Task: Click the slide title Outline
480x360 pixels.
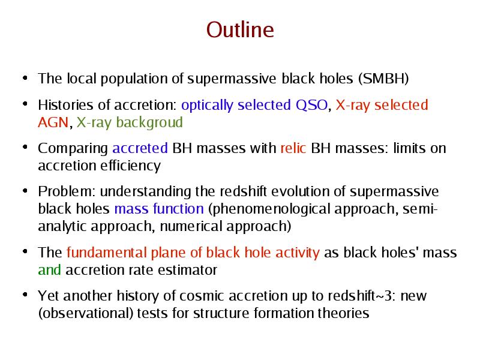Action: tap(240, 29)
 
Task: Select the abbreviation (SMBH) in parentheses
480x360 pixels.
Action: tap(383, 79)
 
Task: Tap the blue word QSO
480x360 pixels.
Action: tap(311, 105)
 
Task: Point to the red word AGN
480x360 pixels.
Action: tap(53, 122)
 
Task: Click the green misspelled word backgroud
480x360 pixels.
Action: tap(149, 122)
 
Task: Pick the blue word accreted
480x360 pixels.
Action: tap(140, 148)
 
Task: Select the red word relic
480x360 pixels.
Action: tap(293, 148)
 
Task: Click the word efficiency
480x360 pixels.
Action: tap(130, 166)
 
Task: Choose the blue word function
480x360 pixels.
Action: tap(178, 209)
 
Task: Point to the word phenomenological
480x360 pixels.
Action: tap(271, 209)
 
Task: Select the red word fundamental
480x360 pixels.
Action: tap(106, 253)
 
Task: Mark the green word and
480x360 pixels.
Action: tap(49, 270)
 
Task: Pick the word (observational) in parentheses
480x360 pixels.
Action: tap(85, 313)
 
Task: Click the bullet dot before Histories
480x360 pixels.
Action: tap(25, 104)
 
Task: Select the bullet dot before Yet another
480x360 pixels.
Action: tap(25, 295)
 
